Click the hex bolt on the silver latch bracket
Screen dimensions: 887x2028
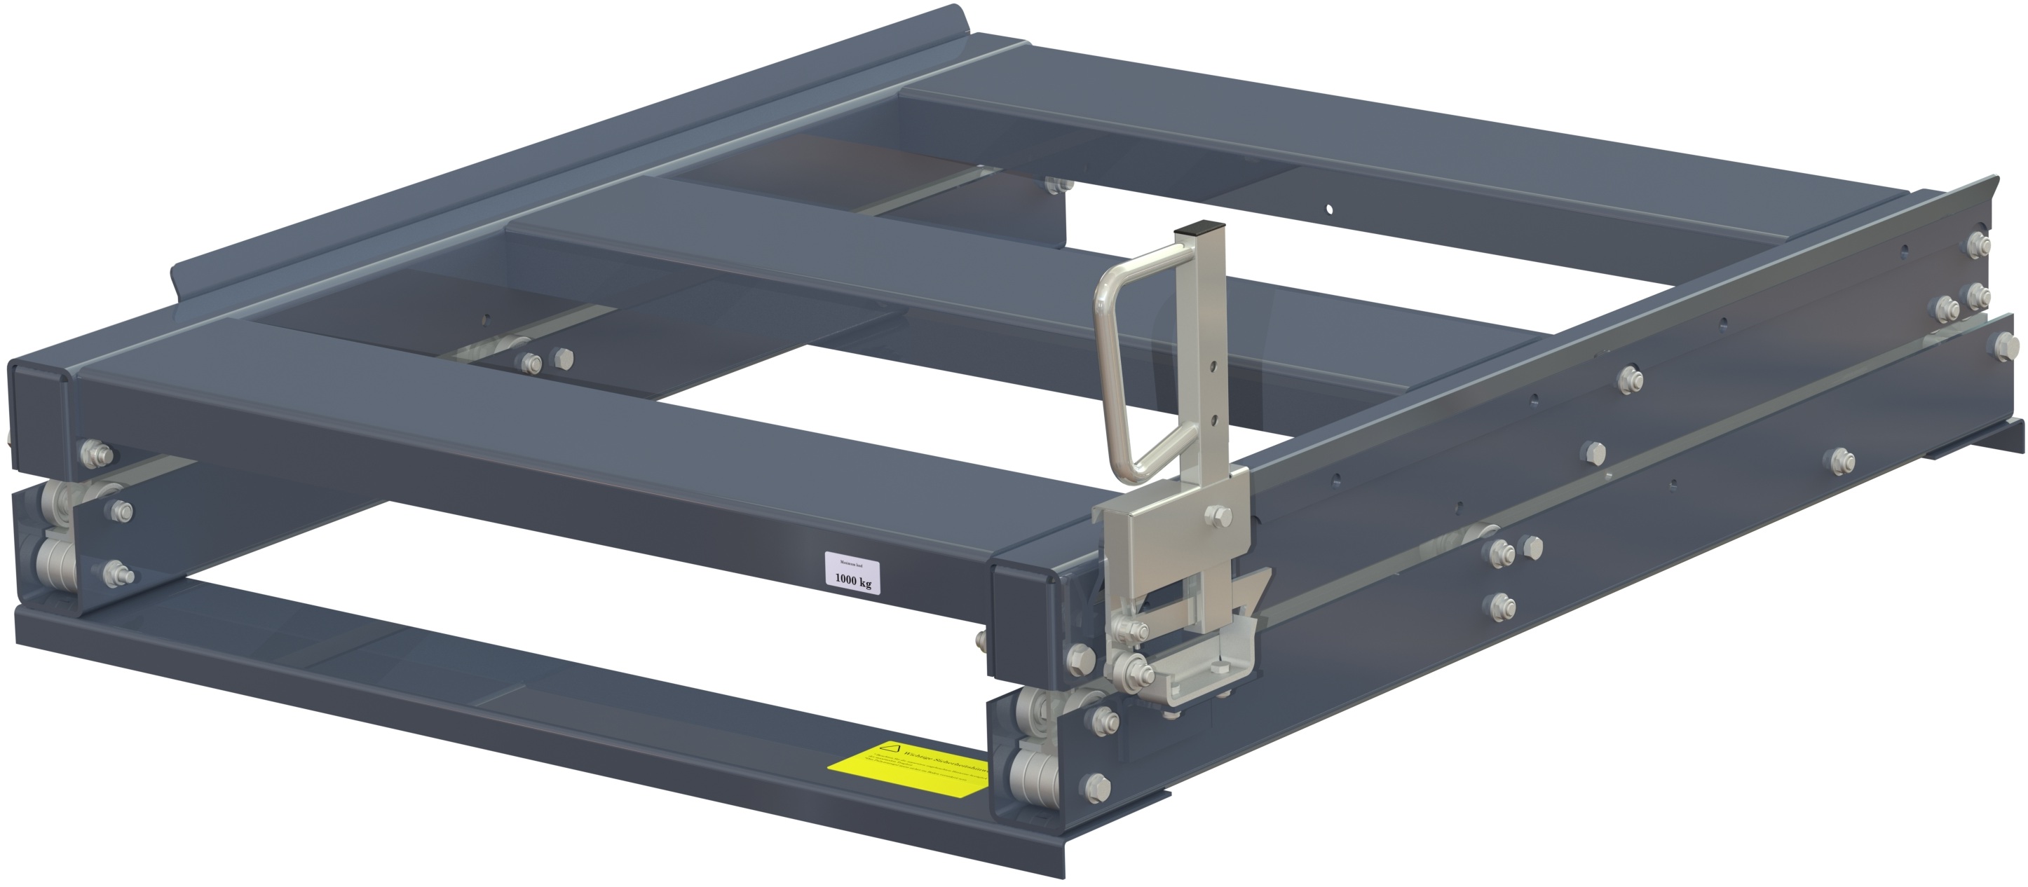coord(1215,516)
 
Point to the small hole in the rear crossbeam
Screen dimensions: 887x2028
coord(1329,210)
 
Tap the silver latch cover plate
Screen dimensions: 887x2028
coord(1165,543)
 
